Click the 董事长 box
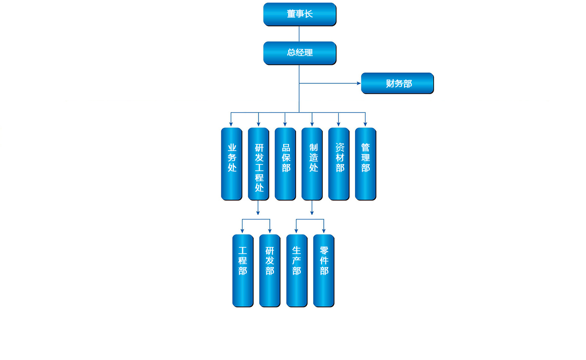(299, 14)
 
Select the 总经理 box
(299, 53)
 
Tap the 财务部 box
(397, 83)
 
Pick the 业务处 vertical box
(232, 164)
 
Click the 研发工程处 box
(258, 164)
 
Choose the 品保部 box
(285, 164)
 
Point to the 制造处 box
(312, 164)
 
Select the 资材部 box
(339, 164)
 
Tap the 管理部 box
(366, 164)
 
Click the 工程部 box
(243, 270)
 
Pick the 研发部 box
(270, 270)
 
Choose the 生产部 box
(297, 270)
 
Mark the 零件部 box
(324, 270)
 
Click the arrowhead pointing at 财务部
(358, 83)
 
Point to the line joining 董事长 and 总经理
(299, 33)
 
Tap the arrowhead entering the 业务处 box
(231, 124)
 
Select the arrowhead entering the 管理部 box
(365, 124)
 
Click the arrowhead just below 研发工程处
(258, 212)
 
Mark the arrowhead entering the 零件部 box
(323, 231)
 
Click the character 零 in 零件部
(324, 250)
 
